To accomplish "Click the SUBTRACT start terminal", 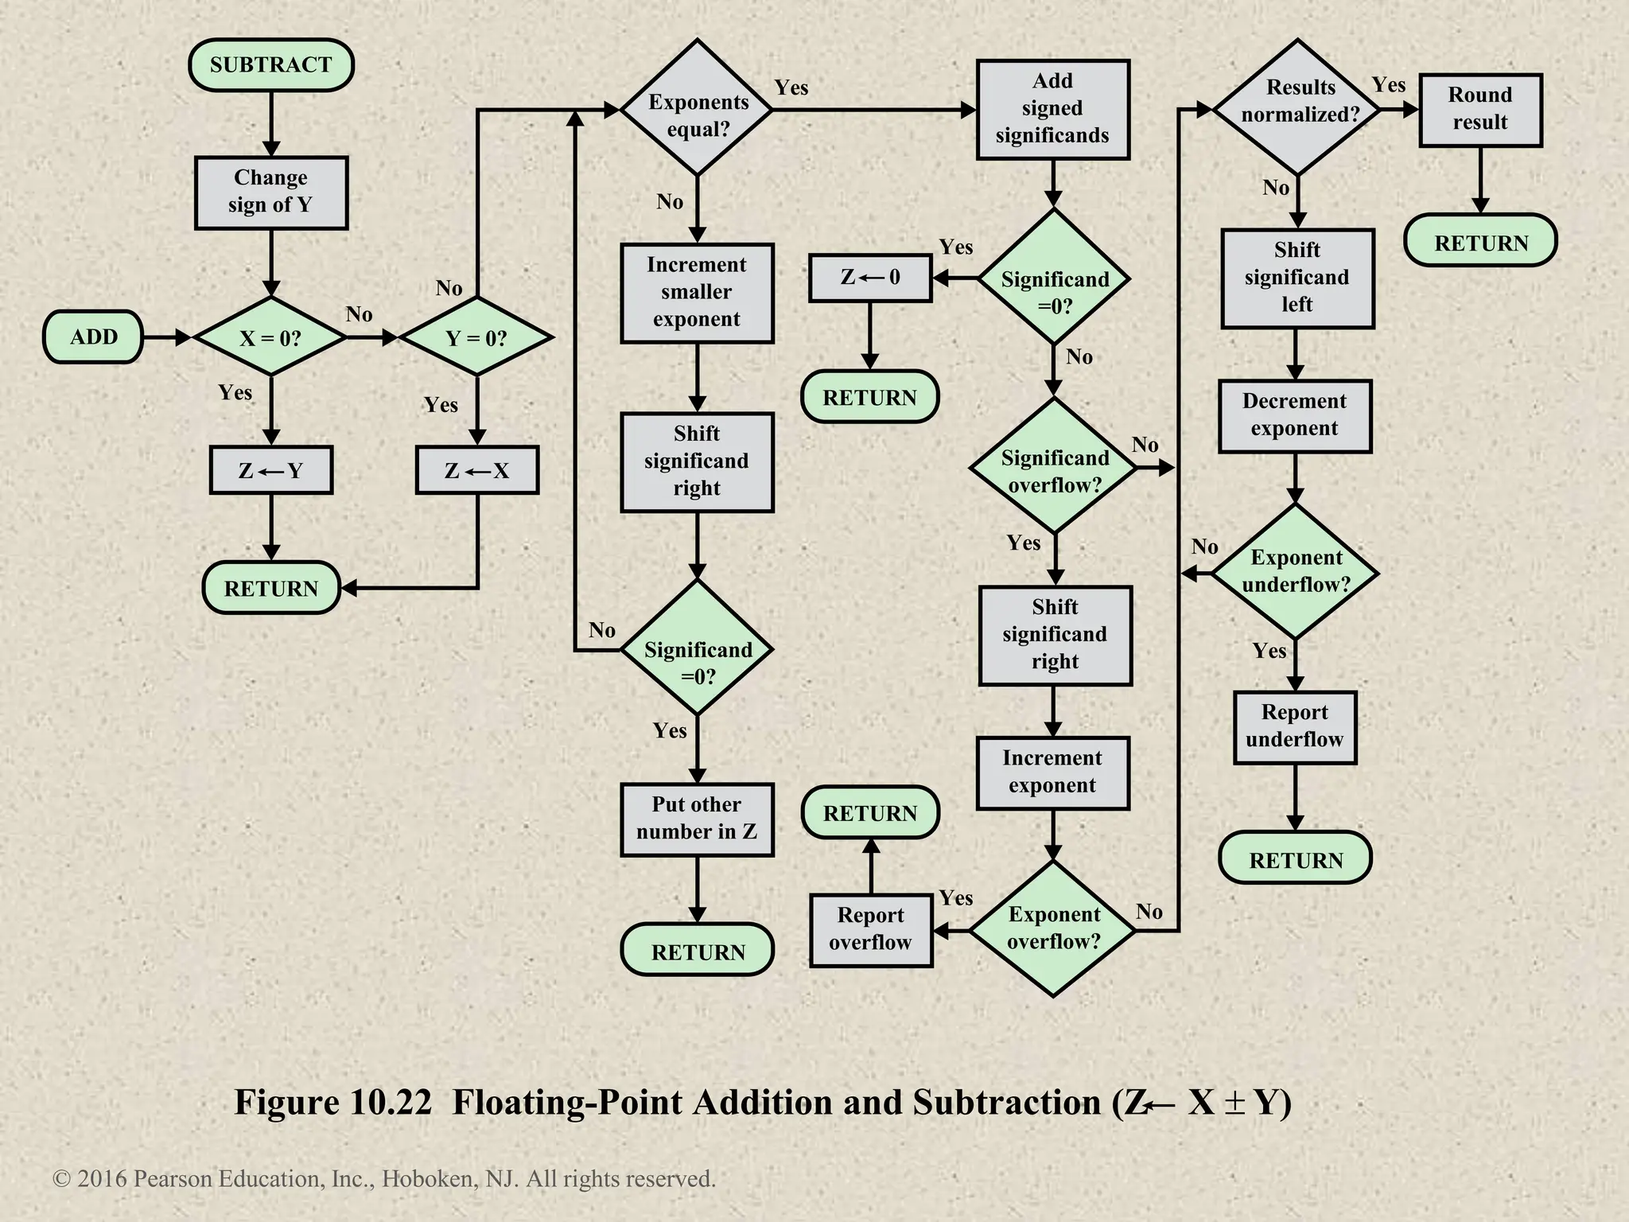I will point(270,64).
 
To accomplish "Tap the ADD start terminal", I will point(93,337).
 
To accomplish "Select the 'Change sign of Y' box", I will point(270,192).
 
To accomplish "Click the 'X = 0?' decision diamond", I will point(270,337).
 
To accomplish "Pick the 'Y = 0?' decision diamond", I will point(476,337).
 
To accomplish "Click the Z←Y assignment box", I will point(270,470).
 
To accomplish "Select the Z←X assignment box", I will point(476,470).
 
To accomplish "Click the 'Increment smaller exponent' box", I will point(697,292).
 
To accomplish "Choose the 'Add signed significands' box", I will point(1052,109).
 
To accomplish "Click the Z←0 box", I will point(870,278).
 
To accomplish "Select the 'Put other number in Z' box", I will point(697,819).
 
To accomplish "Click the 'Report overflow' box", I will point(870,929).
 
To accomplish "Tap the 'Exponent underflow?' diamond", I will point(1295,571).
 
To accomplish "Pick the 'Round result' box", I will point(1479,110).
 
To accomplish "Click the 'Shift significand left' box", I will point(1297,278).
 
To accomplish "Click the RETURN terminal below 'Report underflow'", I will point(1295,859).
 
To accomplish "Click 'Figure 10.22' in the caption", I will point(332,1103).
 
